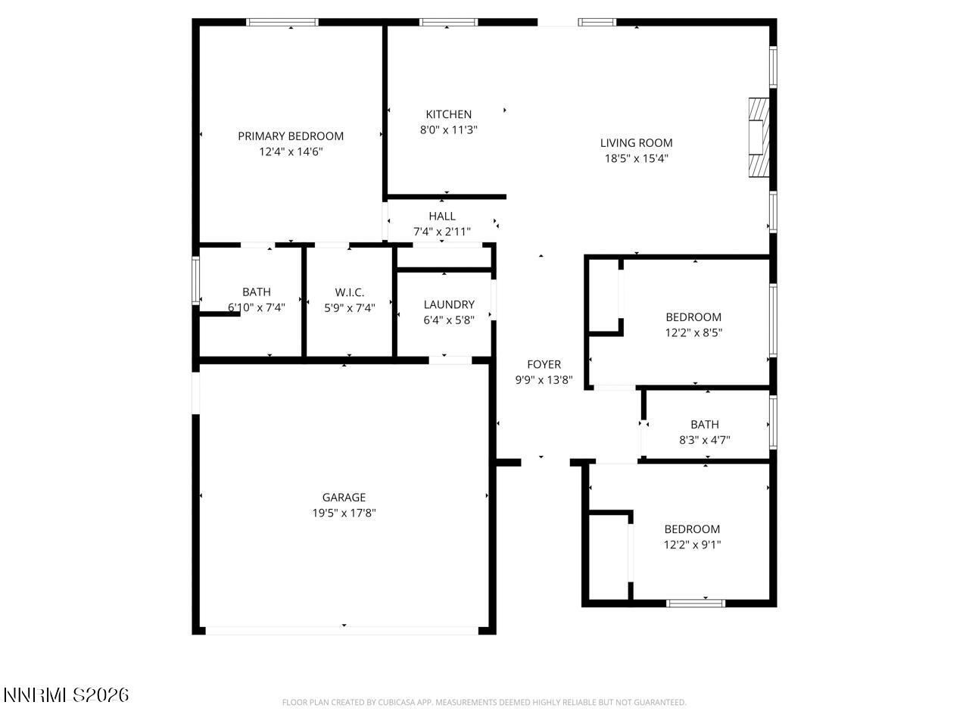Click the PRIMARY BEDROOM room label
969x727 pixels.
click(291, 136)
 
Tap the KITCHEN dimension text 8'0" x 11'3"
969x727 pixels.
click(448, 129)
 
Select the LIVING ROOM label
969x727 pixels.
click(636, 142)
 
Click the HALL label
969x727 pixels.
click(442, 217)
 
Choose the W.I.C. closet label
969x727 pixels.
click(350, 292)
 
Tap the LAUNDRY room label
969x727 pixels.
click(449, 304)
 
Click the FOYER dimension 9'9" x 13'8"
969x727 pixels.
click(544, 380)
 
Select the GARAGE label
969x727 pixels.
click(344, 498)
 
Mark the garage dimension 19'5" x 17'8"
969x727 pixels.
click(344, 513)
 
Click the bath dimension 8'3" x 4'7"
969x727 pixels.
click(704, 440)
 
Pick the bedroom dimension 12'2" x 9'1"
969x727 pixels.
click(692, 544)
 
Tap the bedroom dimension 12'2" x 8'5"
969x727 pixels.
click(693, 332)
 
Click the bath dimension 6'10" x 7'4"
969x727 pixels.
click(257, 308)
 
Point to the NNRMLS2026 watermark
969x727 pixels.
click(66, 694)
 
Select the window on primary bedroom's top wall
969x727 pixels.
click(283, 23)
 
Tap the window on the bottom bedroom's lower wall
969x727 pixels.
click(696, 604)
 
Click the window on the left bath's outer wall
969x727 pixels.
click(196, 281)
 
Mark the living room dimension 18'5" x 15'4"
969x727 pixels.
click(636, 159)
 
